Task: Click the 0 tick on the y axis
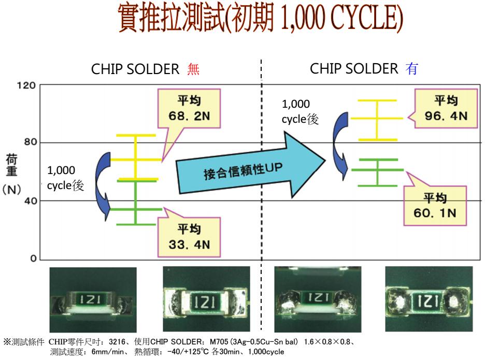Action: tap(33, 258)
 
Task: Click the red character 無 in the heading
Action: tap(193, 70)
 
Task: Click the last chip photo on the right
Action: tap(429, 299)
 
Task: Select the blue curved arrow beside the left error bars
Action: tap(104, 184)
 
